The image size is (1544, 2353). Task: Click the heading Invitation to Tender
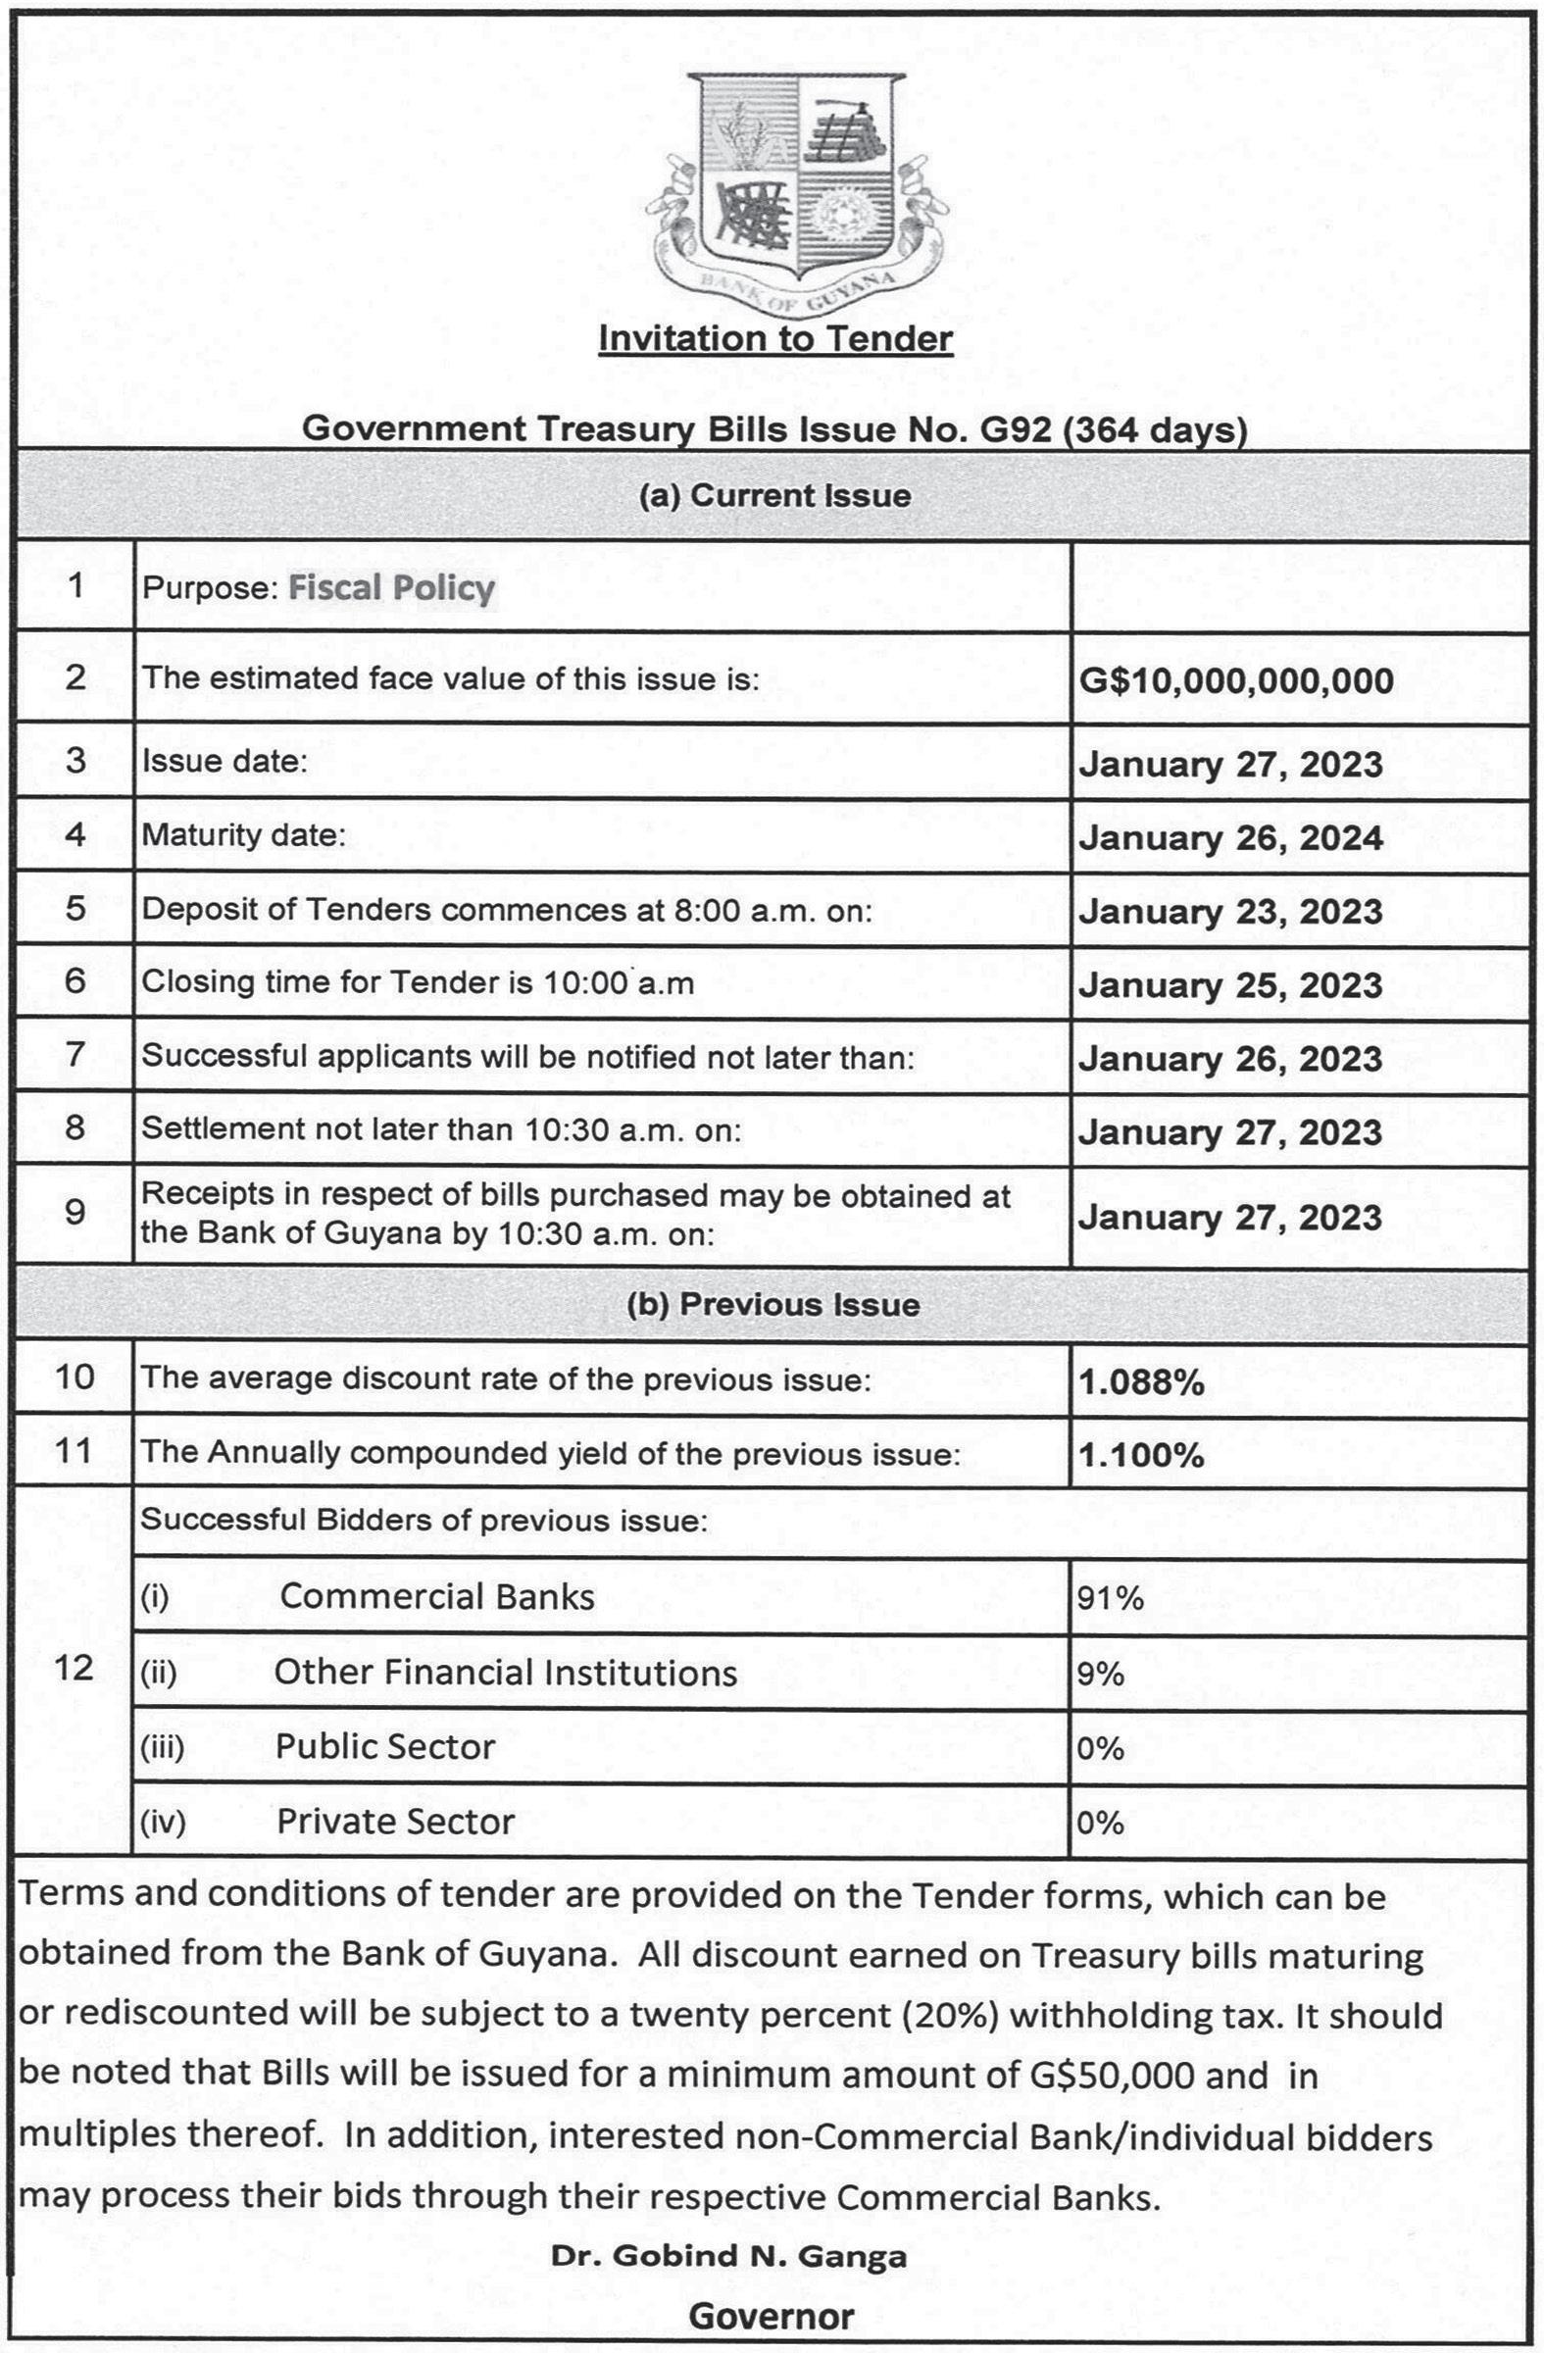point(775,338)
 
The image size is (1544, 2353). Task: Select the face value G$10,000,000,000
point(1235,680)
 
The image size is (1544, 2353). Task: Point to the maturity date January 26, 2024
point(1229,838)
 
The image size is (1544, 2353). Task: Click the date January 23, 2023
point(1229,912)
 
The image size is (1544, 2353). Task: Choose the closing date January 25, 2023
point(1229,984)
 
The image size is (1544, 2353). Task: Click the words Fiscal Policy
point(391,587)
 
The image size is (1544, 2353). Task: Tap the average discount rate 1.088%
point(1141,1382)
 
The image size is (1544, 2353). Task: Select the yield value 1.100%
point(1141,1455)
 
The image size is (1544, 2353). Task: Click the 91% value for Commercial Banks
point(1109,1598)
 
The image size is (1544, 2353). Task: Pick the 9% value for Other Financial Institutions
point(1100,1673)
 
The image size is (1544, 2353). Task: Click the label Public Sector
point(385,1747)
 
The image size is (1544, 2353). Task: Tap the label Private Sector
point(395,1821)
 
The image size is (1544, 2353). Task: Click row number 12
point(75,1669)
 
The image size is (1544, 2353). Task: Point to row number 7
point(75,1055)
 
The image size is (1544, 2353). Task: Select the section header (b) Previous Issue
point(773,1305)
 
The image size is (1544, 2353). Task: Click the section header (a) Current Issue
point(775,494)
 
